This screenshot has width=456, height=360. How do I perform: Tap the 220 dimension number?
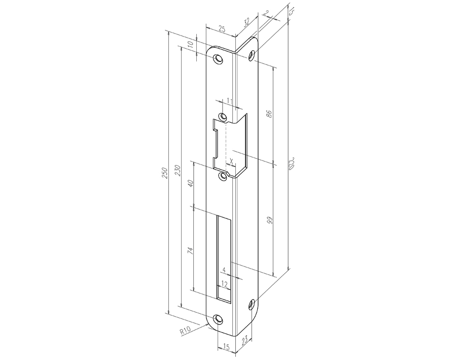coord(292,163)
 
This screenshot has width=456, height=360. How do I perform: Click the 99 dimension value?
coord(270,220)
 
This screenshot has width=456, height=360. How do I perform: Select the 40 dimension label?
coord(191,183)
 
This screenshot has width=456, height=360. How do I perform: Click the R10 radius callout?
coord(185,332)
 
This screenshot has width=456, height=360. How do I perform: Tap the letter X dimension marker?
coord(231,161)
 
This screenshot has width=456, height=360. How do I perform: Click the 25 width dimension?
coord(221,29)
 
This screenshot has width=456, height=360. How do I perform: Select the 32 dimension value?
coord(247,22)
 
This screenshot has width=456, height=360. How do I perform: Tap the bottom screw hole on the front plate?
coord(219,319)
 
